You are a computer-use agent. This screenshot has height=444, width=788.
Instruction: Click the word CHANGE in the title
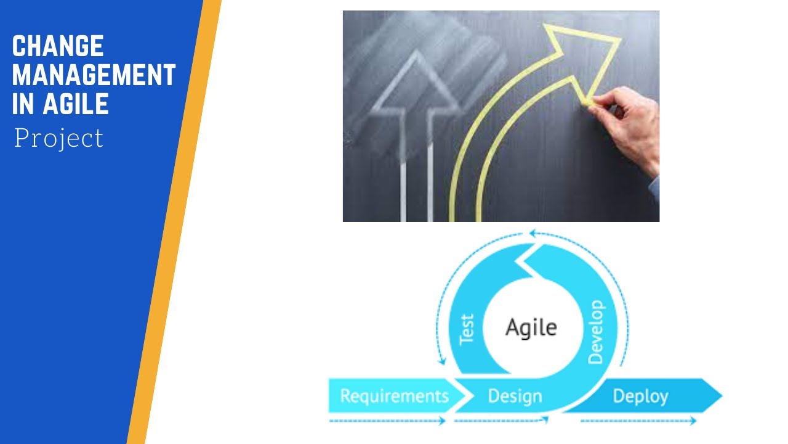[58, 47]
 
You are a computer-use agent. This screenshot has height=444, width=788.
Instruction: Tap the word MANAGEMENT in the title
[94, 75]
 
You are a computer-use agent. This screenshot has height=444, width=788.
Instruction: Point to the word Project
[59, 138]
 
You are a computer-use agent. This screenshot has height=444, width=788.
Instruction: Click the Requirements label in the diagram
[395, 395]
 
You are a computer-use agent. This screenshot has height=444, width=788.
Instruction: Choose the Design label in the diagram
[515, 396]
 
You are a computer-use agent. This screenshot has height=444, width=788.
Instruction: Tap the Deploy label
[640, 396]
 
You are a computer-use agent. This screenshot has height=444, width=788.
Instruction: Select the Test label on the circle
[467, 329]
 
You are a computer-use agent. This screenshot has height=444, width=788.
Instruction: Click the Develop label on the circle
[596, 332]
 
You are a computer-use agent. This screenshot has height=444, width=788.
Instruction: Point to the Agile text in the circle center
[531, 327]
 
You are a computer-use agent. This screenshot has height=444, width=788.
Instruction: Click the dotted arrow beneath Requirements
[388, 421]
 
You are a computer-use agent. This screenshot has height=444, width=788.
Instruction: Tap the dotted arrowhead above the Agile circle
[534, 234]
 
